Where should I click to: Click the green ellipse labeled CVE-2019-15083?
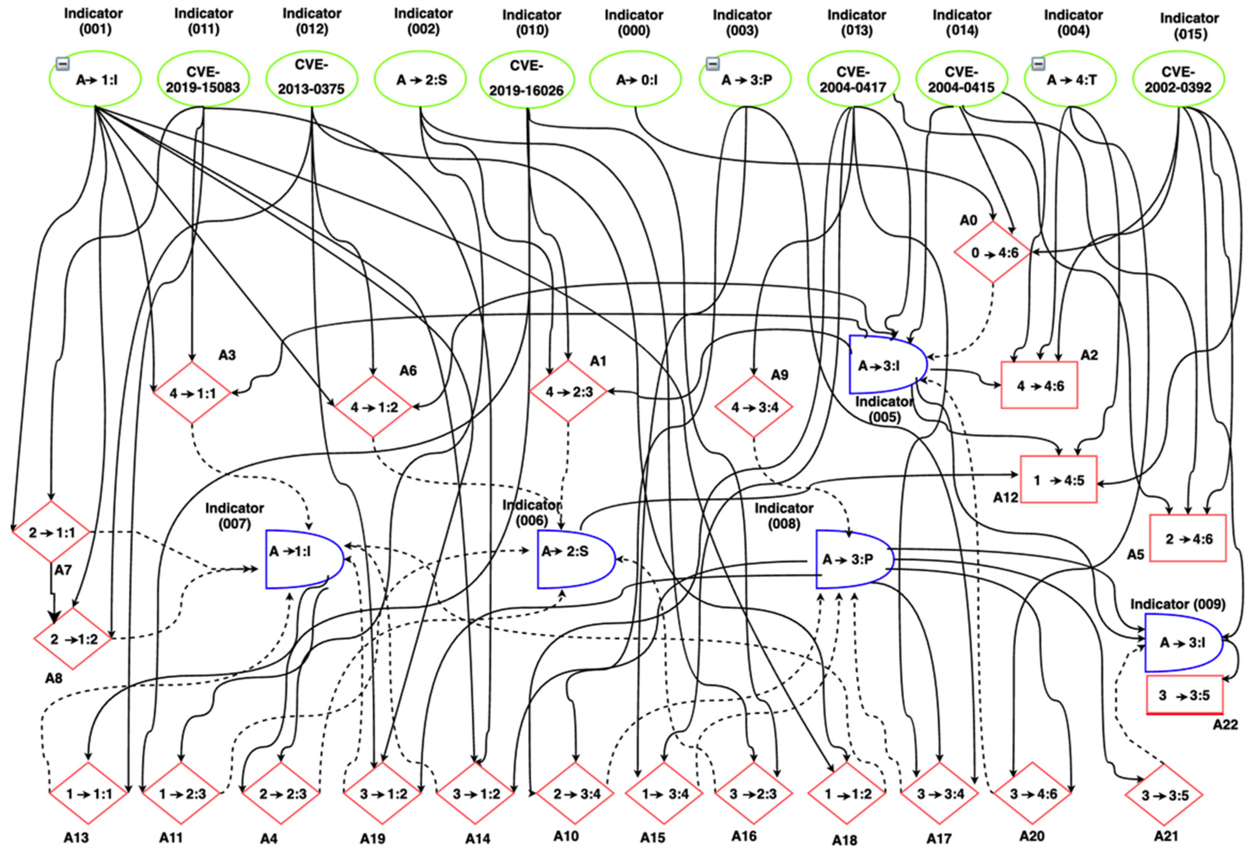pyautogui.click(x=203, y=80)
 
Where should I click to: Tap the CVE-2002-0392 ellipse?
pyautogui.click(x=1178, y=80)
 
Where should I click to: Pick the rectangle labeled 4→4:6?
pyautogui.click(x=1039, y=385)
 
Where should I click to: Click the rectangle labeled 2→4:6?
pyautogui.click(x=1188, y=538)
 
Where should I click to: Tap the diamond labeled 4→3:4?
pyautogui.click(x=754, y=407)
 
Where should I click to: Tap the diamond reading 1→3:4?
pyautogui.click(x=664, y=794)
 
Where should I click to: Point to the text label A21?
pyautogui.click(x=1166, y=836)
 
